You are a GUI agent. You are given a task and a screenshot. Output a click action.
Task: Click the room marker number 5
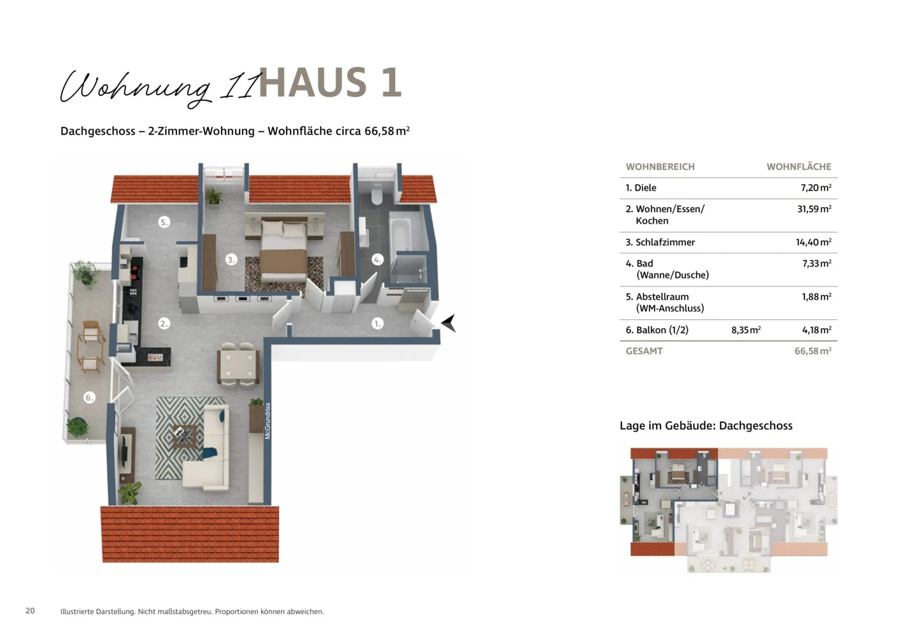click(x=164, y=222)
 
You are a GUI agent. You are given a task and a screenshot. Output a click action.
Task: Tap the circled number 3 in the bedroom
click(x=231, y=260)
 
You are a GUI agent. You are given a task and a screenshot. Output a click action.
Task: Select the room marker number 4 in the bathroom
click(x=378, y=260)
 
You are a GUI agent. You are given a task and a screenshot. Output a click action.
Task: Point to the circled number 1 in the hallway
click(x=378, y=324)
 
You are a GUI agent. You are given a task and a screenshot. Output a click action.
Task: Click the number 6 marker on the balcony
click(x=89, y=398)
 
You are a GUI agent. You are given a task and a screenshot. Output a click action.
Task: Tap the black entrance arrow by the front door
click(x=448, y=323)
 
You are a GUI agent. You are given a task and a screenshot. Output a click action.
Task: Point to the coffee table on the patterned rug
click(x=185, y=435)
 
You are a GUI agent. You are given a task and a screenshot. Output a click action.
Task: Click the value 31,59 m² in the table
click(x=814, y=209)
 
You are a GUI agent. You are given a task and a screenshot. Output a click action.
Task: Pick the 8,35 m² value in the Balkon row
click(x=746, y=330)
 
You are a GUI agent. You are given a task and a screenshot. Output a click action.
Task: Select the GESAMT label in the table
click(x=644, y=351)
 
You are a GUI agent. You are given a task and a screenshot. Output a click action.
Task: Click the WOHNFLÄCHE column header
click(x=799, y=167)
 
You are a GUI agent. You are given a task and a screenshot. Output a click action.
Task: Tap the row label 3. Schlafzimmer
click(x=660, y=242)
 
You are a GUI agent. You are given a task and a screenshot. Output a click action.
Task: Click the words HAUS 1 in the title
click(x=330, y=83)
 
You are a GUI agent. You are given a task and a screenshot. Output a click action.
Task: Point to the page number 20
click(x=30, y=611)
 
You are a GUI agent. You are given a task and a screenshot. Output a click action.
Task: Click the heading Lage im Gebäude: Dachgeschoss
click(x=706, y=426)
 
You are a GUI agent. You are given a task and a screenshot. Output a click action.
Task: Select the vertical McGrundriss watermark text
click(x=268, y=421)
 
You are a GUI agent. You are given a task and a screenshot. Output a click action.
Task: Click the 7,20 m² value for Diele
click(x=815, y=188)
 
